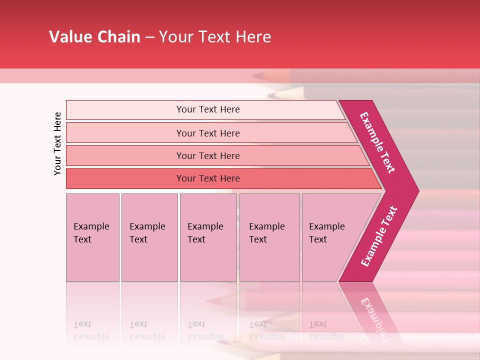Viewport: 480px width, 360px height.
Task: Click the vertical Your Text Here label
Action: tap(57, 143)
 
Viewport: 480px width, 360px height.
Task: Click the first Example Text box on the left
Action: tap(92, 237)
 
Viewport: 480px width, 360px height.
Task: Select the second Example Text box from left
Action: tap(149, 237)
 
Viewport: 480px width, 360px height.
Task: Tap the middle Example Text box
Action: tap(208, 237)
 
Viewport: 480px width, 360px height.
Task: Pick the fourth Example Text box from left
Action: tap(269, 237)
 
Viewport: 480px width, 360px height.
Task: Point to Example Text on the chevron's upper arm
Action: tap(377, 142)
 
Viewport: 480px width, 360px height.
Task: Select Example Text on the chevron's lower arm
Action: tap(378, 236)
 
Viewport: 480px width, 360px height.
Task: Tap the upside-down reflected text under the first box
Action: tap(91, 330)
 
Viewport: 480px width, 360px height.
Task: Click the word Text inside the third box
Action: tap(196, 239)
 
